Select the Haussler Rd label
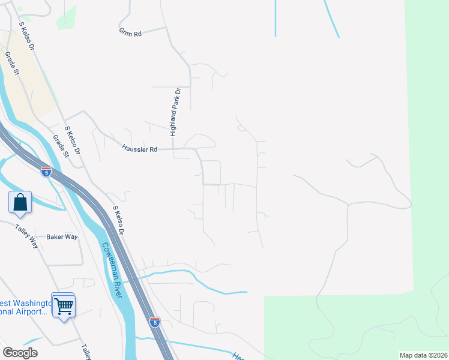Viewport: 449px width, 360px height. pos(139,148)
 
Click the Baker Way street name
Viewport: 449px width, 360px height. pos(62,237)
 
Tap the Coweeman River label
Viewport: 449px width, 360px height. pos(112,270)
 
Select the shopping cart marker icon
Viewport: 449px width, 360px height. pos(63,307)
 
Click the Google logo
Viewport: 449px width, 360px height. pos(20,353)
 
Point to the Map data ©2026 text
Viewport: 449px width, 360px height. pos(423,355)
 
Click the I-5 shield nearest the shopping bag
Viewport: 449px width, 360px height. pos(46,172)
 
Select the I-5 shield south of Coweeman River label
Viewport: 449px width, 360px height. pos(155,323)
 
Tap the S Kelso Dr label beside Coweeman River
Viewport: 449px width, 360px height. pos(118,221)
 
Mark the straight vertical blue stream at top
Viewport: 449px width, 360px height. pos(275,18)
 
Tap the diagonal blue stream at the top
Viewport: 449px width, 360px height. pos(331,18)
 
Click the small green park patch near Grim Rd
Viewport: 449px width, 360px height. pos(67,17)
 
